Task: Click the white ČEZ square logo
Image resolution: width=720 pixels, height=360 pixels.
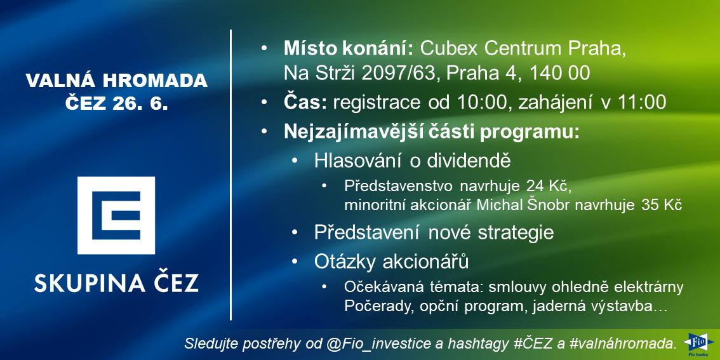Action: pos(116,215)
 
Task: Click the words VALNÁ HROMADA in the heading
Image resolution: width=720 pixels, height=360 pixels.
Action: pos(117,81)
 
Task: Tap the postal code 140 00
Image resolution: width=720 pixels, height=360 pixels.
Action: pos(560,73)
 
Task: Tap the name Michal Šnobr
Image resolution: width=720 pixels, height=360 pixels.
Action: pos(524,205)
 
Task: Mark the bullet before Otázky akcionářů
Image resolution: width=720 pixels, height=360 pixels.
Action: pos(295,262)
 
